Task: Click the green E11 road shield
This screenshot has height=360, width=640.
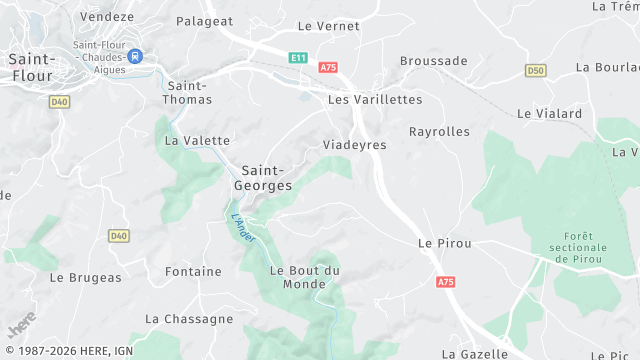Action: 298,59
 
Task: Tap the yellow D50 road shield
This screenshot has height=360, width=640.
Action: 536,70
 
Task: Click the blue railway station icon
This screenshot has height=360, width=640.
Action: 134,58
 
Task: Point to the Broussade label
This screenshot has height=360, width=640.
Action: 433,61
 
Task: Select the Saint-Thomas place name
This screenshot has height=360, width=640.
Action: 188,93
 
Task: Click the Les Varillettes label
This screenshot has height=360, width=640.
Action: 375,100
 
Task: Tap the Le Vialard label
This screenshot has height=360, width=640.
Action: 549,114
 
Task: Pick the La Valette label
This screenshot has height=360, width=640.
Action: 197,141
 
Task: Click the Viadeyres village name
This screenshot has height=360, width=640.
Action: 354,145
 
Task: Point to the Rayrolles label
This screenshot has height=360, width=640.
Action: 439,131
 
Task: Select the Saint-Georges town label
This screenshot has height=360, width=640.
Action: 263,178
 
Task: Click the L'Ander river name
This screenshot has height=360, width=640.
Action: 242,227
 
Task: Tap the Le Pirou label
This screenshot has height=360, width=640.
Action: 444,243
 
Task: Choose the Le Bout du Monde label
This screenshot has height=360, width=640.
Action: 305,277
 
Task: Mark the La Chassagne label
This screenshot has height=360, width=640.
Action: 189,319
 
